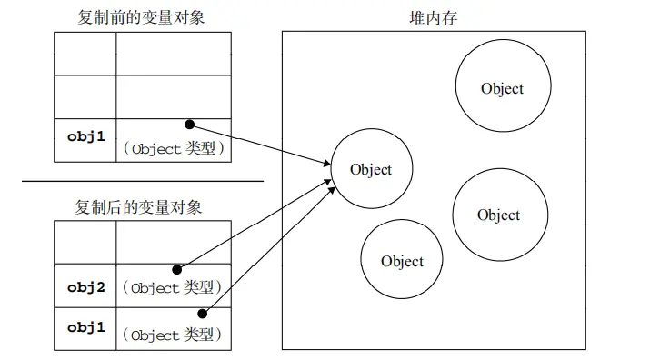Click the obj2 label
85,287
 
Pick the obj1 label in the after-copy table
85,327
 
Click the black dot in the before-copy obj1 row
189,124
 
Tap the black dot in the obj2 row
176,270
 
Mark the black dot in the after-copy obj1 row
202,314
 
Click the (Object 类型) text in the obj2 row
174,288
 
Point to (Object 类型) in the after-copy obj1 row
174,335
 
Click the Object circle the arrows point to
370,170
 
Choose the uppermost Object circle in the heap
501,88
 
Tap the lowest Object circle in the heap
402,261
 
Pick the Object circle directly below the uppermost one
498,215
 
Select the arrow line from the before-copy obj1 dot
259,145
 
